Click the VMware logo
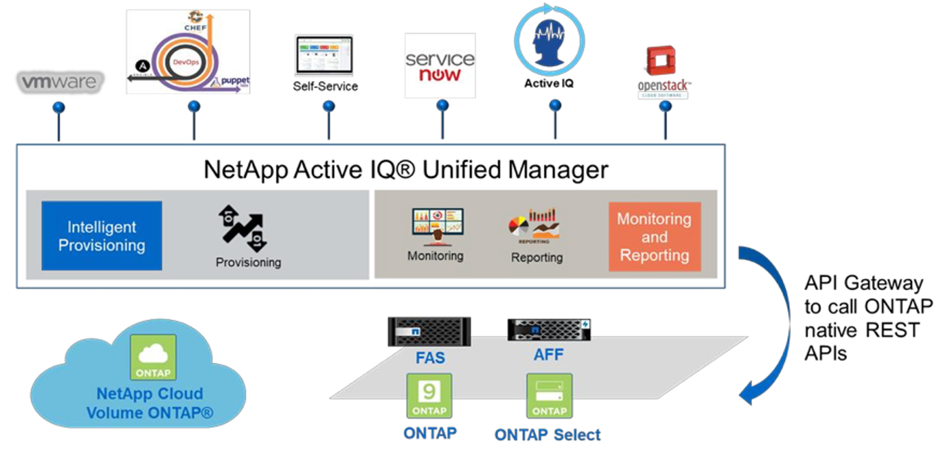60,82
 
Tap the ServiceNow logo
440,65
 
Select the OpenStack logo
664,71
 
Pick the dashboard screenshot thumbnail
324,55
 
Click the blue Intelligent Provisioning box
102,236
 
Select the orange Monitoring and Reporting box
655,236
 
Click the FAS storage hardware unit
429,331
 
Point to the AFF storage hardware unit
549,329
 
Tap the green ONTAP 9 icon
429,395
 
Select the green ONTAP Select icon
549,396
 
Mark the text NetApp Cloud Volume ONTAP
150,403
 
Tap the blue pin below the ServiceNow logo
442,105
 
